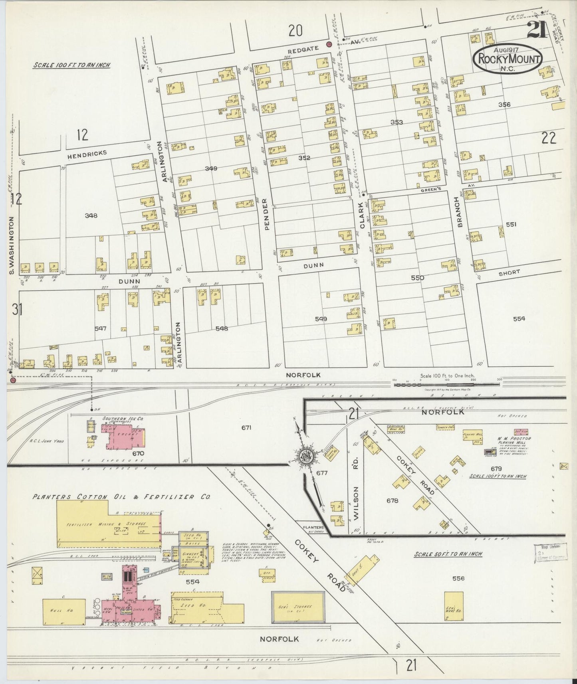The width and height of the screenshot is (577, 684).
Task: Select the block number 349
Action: (211, 169)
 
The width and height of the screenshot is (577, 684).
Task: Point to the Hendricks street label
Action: (87, 153)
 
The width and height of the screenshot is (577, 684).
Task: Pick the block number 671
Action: (246, 428)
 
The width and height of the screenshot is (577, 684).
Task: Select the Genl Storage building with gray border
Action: (297, 607)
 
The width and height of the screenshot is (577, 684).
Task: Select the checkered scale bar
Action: (446, 385)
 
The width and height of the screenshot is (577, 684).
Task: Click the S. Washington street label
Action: (12, 246)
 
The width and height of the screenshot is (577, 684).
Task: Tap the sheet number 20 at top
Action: (295, 30)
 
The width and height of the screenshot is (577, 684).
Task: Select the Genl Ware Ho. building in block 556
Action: (454, 606)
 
